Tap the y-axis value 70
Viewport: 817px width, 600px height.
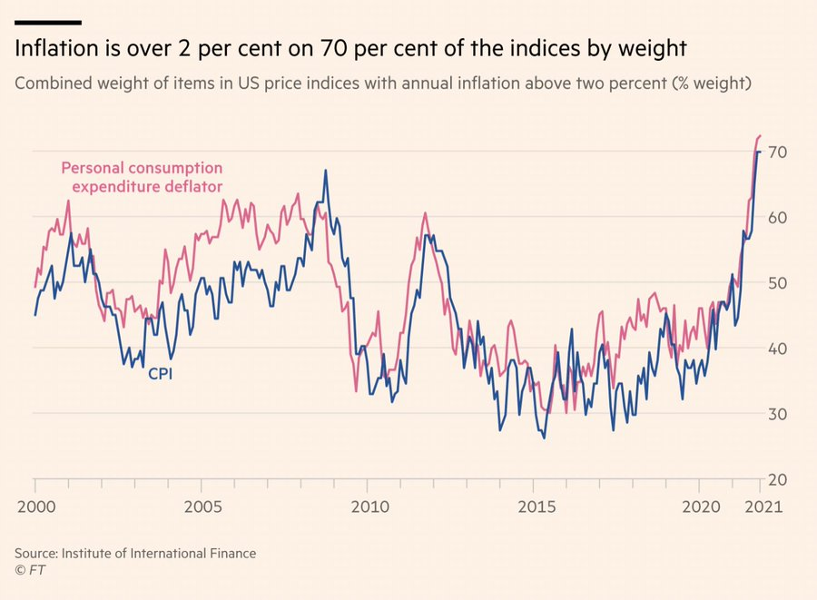point(778,152)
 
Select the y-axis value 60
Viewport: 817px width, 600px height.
point(778,218)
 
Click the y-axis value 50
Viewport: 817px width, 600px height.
point(778,283)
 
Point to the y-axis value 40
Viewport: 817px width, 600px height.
point(778,349)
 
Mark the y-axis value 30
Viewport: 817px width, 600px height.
point(778,414)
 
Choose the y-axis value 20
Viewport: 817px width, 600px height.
point(778,479)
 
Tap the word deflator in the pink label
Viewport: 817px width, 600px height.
point(190,187)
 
